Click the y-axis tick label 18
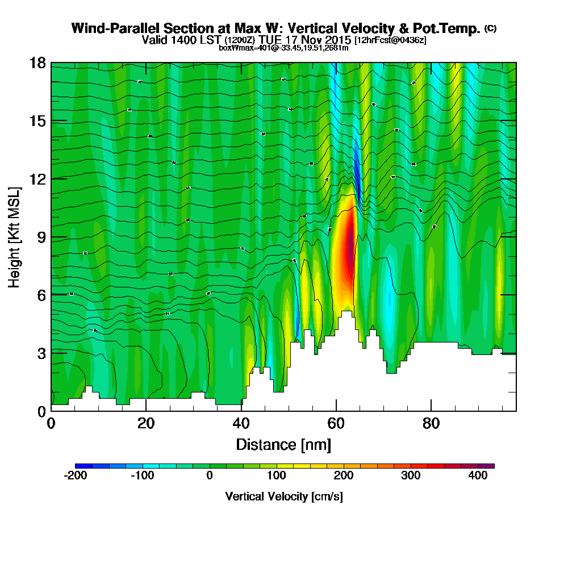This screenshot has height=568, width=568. click(x=38, y=62)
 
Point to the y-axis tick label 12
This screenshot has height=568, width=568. click(x=38, y=178)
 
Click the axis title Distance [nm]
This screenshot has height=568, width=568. click(x=283, y=444)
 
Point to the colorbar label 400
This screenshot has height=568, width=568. click(x=478, y=476)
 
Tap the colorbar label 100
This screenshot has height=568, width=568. click(x=277, y=476)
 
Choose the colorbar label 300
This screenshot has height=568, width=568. click(x=411, y=476)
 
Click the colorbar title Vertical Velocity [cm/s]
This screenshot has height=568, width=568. click(x=283, y=496)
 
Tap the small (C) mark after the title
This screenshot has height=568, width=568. click(x=490, y=28)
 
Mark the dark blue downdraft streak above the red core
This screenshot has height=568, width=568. click(x=357, y=170)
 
